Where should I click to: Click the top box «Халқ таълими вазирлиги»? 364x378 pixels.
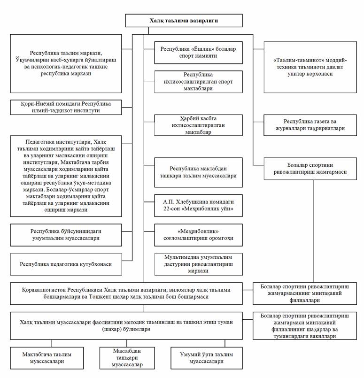click(184, 21)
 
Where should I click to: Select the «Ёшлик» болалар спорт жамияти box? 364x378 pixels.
click(198, 53)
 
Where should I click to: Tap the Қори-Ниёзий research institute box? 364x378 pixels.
click(66, 107)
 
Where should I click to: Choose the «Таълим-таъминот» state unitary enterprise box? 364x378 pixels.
click(310, 67)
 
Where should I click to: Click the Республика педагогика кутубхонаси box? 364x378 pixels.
click(66, 264)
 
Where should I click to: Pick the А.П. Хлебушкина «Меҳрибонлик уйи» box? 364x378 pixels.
click(198, 205)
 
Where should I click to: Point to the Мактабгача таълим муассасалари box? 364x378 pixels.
click(47, 358)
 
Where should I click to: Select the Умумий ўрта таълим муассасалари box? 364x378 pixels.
click(207, 358)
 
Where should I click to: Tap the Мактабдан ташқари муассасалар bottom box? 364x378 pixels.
click(127, 358)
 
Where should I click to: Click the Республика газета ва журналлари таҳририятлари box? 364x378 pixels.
click(310, 125)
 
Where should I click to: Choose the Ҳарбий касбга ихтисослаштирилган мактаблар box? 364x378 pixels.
click(198, 125)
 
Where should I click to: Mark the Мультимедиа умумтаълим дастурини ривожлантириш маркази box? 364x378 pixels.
click(198, 264)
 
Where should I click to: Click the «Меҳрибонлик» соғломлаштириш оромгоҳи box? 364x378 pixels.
click(198, 235)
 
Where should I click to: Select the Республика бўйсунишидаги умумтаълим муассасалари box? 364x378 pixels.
click(66, 235)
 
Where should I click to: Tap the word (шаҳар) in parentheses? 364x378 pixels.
click(112, 329)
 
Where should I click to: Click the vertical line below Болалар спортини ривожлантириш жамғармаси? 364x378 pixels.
click(314, 231)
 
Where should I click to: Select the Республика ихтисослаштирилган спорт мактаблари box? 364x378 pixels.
click(198, 82)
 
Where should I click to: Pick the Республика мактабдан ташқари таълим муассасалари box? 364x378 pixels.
click(198, 172)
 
